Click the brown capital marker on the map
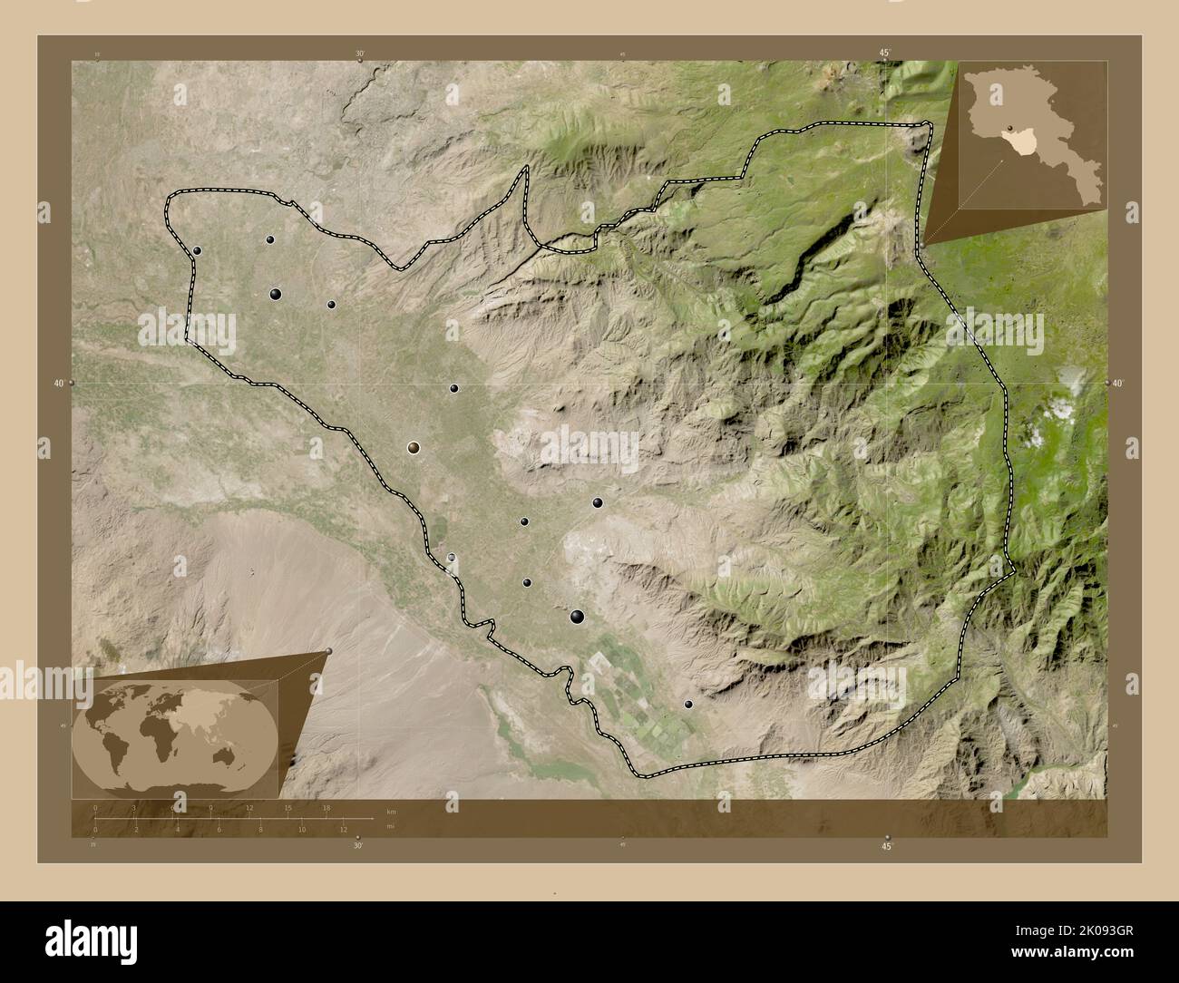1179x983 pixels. pyautogui.click(x=414, y=447)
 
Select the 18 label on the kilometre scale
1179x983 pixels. pyautogui.click(x=326, y=807)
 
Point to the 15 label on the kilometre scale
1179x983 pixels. pyautogui.click(x=288, y=807)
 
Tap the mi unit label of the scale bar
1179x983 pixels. pyautogui.click(x=391, y=826)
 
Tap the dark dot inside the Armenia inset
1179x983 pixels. pyautogui.click(x=1008, y=127)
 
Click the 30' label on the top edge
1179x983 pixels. pyautogui.click(x=360, y=54)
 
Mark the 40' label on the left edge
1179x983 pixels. pyautogui.click(x=59, y=384)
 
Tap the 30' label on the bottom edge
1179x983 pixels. pyautogui.click(x=358, y=845)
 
